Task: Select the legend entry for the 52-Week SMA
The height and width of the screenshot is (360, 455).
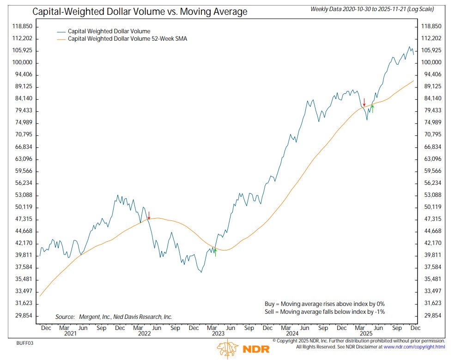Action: point(127,39)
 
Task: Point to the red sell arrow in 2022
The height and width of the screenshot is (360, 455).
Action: point(149,215)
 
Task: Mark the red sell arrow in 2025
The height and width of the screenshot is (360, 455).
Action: point(364,102)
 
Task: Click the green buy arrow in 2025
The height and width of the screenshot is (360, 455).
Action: point(372,109)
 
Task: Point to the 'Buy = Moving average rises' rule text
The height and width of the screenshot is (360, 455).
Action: point(324,304)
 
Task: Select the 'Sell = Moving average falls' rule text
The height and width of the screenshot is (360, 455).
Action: point(324,312)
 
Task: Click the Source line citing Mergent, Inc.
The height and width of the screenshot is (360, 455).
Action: point(114,317)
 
